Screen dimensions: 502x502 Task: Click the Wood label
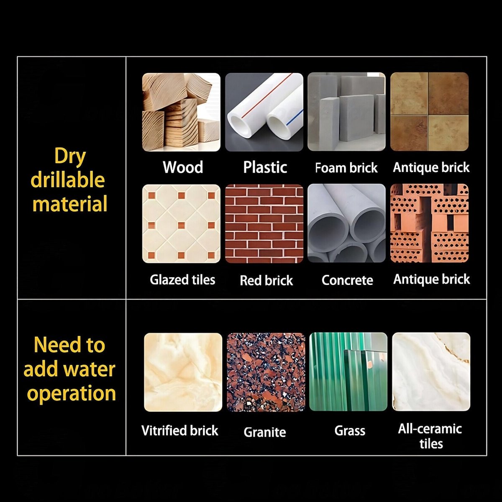click(183, 167)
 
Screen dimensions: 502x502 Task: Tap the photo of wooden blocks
click(181, 112)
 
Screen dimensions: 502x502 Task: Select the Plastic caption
click(265, 167)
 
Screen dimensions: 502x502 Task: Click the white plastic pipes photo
click(264, 112)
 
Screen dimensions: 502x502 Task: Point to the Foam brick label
click(346, 168)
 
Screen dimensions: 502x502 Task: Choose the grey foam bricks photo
click(346, 112)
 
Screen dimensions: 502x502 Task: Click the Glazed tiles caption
click(183, 280)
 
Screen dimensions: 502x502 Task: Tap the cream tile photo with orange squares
click(181, 224)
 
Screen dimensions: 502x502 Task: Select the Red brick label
click(266, 280)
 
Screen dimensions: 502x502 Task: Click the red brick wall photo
click(264, 224)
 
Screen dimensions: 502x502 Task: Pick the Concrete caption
click(347, 280)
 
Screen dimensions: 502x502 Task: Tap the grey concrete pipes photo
click(346, 223)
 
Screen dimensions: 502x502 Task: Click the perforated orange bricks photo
click(429, 223)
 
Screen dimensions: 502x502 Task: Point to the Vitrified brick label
click(180, 430)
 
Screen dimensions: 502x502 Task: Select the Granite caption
click(265, 432)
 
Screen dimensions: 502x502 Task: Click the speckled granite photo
click(266, 372)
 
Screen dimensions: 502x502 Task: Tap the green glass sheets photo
click(348, 372)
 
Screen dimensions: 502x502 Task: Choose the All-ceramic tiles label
click(430, 436)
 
